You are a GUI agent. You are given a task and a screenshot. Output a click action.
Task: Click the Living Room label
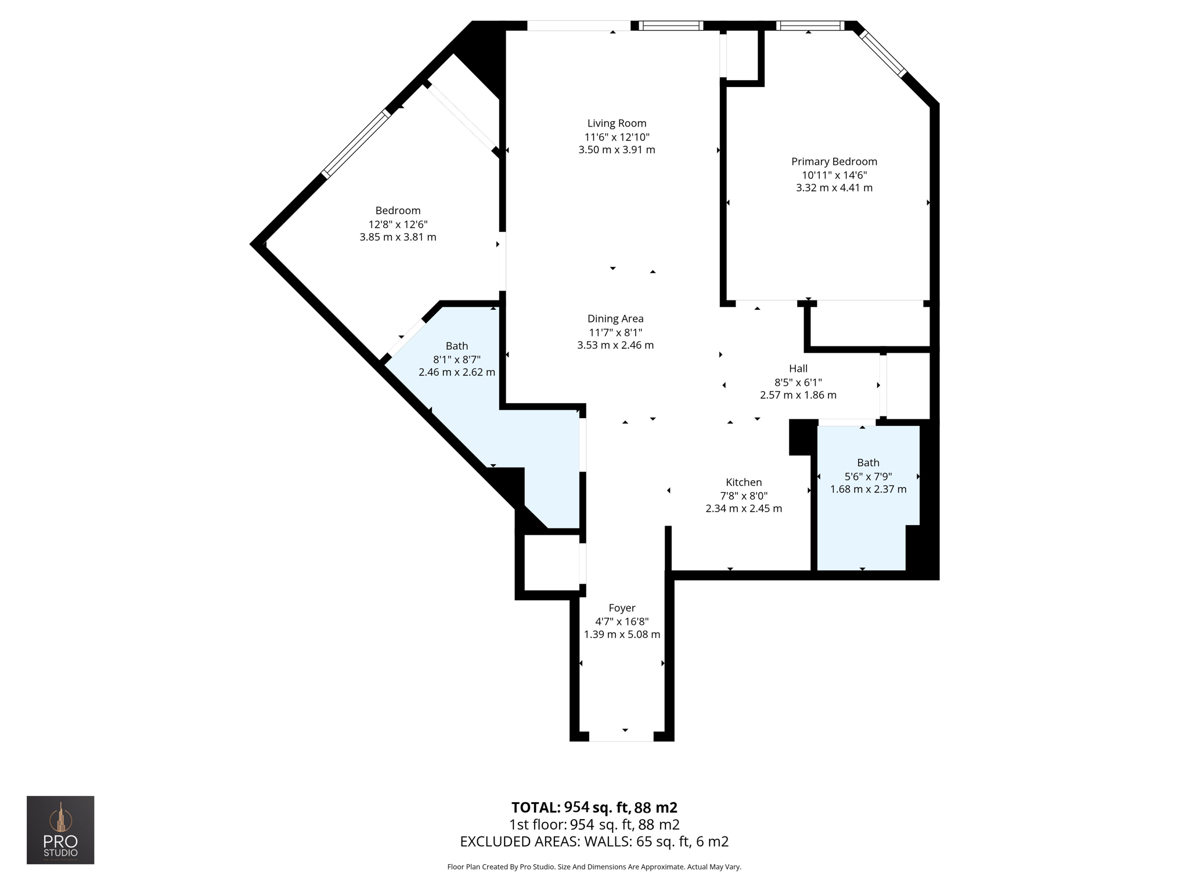click(x=617, y=123)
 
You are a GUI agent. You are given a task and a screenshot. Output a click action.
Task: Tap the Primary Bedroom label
click(x=834, y=161)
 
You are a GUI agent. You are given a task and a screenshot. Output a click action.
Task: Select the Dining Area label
click(x=615, y=318)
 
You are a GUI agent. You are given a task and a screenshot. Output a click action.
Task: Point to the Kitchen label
click(x=743, y=482)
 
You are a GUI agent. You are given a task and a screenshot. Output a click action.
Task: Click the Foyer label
click(x=622, y=608)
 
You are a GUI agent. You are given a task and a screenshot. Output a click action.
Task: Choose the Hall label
click(x=798, y=368)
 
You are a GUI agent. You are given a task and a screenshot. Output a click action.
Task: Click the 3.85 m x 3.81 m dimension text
click(x=398, y=237)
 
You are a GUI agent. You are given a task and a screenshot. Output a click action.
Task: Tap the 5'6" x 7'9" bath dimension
click(x=868, y=476)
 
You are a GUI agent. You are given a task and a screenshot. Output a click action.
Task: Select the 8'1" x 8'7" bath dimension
click(x=456, y=360)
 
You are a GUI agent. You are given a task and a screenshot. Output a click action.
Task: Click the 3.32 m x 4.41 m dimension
click(x=834, y=188)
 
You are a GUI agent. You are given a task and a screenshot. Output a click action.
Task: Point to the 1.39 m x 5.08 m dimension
click(x=622, y=635)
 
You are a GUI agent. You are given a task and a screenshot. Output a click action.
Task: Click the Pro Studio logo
click(x=60, y=830)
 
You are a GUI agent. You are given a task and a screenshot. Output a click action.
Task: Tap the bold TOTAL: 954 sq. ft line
click(x=594, y=807)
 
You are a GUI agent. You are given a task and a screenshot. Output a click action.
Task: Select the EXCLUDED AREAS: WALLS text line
click(x=594, y=841)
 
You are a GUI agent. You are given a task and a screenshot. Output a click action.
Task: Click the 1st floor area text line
click(x=594, y=824)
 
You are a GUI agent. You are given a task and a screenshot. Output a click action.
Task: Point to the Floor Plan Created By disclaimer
click(x=594, y=867)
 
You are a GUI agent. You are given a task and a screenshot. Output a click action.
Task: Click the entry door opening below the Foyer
click(x=621, y=737)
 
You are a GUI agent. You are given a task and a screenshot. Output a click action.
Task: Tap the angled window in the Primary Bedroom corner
click(x=882, y=53)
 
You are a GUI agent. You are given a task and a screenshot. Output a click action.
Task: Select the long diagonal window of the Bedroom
click(x=356, y=143)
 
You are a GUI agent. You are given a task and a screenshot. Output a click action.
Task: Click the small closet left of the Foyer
click(x=552, y=562)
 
